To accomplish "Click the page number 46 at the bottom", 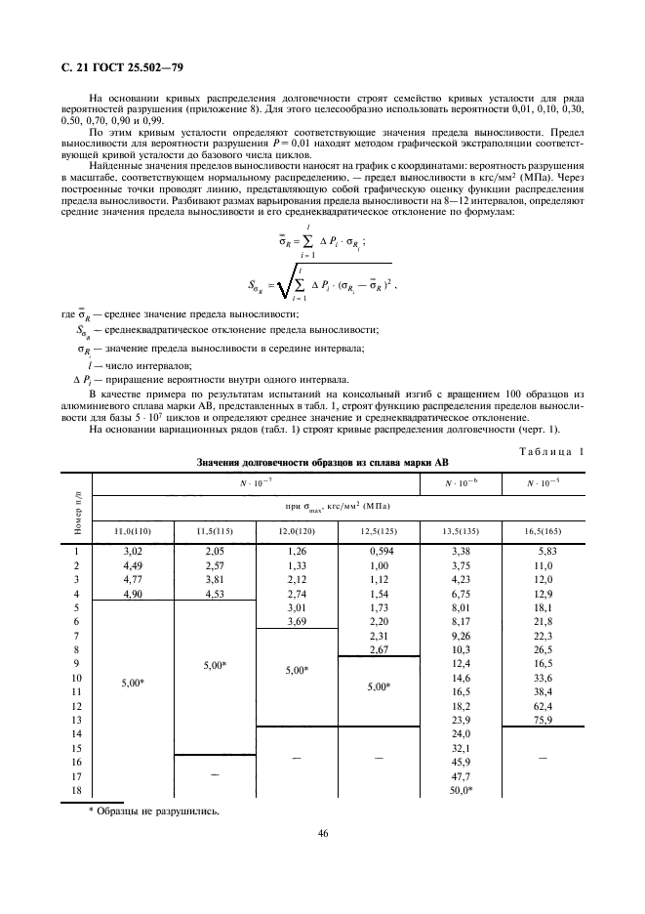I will tap(322, 833).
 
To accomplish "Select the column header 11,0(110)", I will tap(131, 530).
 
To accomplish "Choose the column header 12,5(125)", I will tap(378, 530).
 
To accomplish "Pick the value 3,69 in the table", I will tap(296, 621).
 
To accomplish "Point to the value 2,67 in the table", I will tap(377, 648).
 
